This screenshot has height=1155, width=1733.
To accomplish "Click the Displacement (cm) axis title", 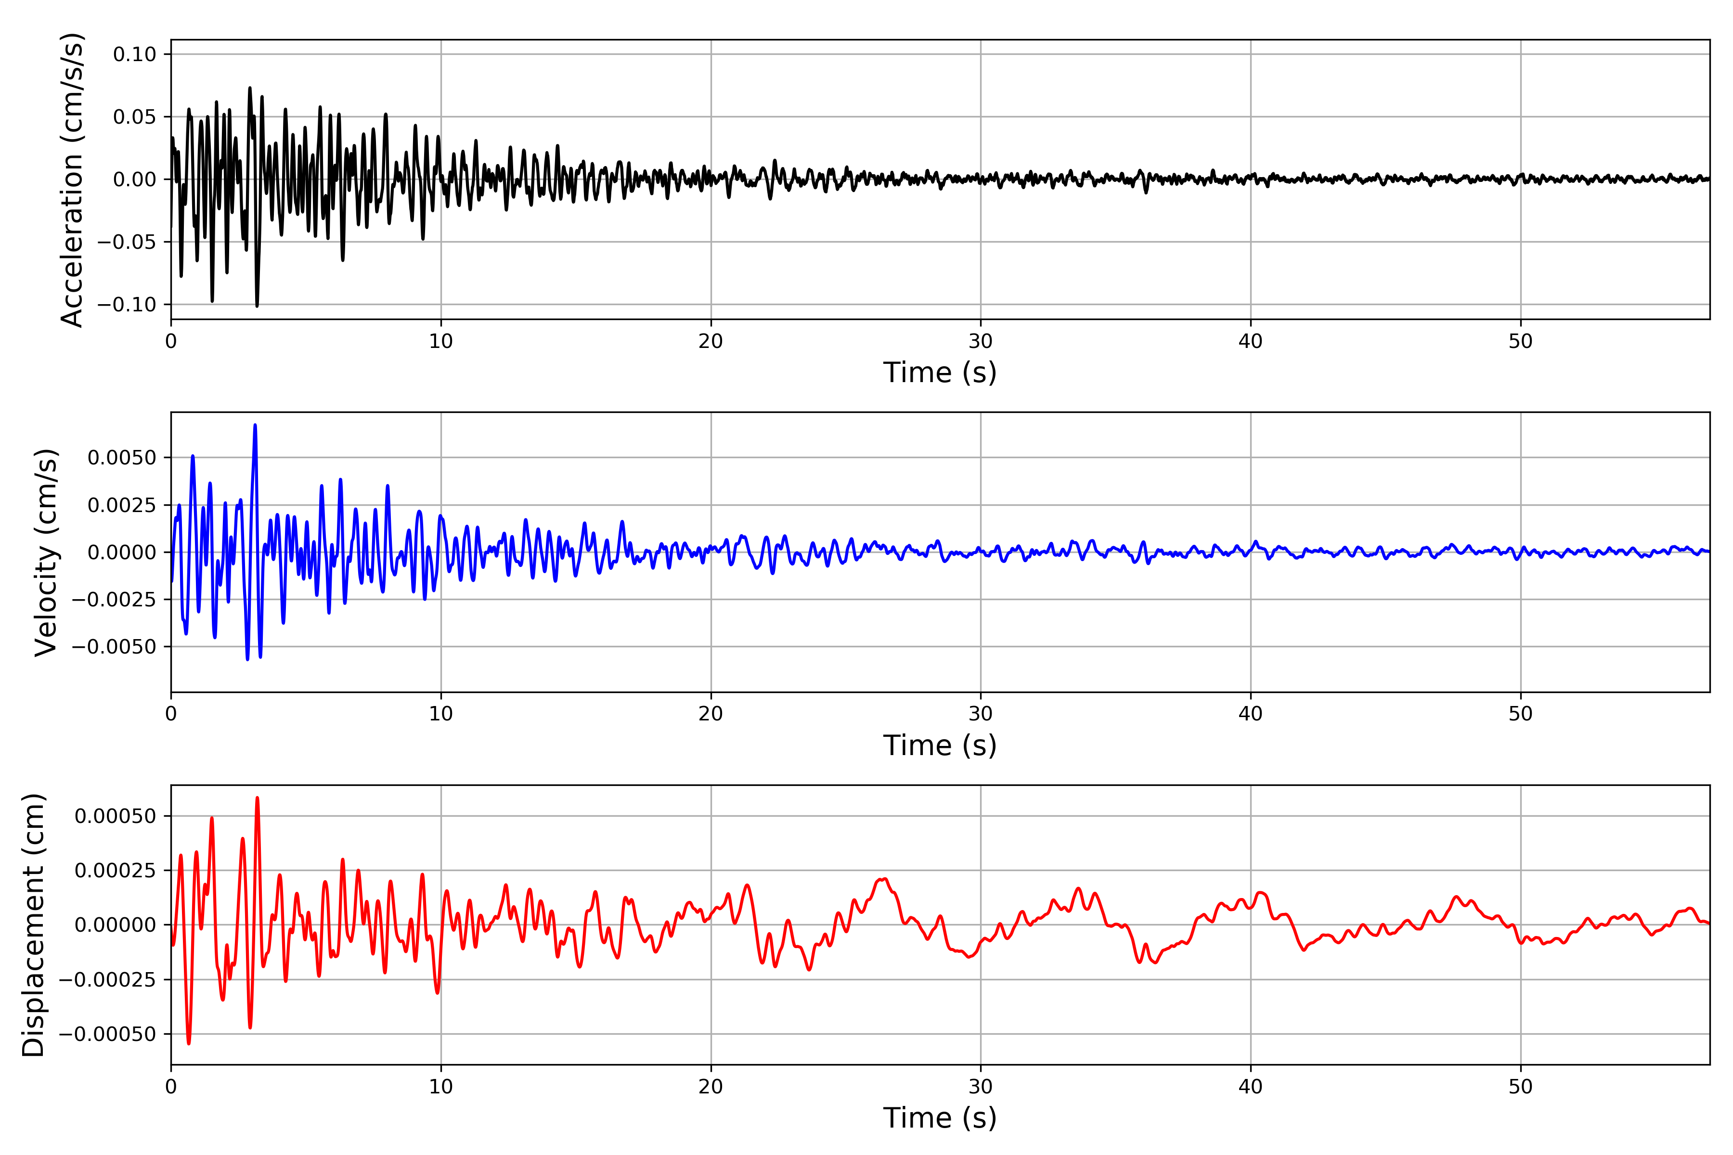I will click(33, 924).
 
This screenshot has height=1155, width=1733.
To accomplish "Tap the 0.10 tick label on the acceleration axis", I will click(134, 54).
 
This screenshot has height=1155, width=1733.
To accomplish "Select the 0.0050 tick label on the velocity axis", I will click(122, 458).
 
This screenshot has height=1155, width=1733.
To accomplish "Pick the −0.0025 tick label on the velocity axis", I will click(114, 600).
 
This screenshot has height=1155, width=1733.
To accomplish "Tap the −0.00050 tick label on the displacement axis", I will click(107, 1034).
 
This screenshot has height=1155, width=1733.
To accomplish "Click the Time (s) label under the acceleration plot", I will click(940, 372).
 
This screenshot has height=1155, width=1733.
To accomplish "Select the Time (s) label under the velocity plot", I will click(940, 745).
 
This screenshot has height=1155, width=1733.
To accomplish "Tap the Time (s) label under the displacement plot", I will click(940, 1118).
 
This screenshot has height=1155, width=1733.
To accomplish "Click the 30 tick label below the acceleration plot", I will click(980, 341).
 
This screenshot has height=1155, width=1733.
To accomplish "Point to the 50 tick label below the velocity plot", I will click(1520, 714).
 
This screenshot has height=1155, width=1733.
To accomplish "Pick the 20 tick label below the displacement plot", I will click(711, 1087).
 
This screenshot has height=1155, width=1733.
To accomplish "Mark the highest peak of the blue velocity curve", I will click(255, 425).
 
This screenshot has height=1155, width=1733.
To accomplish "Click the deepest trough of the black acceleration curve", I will click(257, 306).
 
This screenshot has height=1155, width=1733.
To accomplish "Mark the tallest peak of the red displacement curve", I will click(257, 798).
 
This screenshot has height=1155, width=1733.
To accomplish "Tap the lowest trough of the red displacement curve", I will click(189, 1043).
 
